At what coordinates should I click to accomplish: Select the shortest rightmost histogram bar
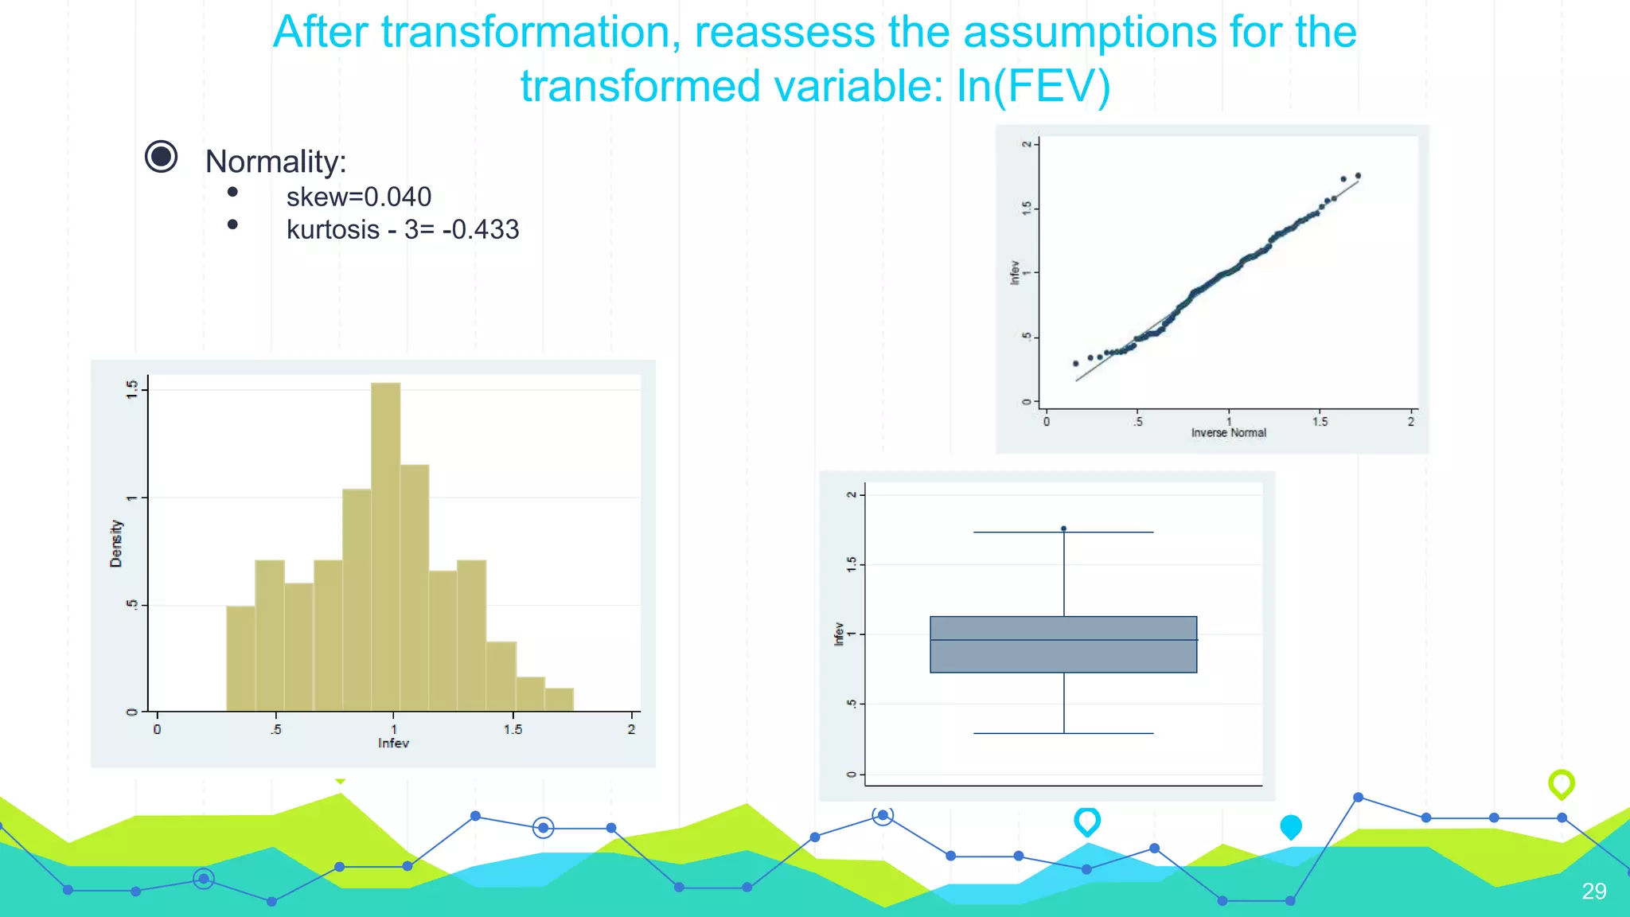(559, 700)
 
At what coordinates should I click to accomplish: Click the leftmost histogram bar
(240, 658)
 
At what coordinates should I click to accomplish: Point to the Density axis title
(116, 544)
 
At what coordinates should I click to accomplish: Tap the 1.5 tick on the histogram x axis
(513, 728)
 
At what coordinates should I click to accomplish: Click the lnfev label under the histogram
(393, 743)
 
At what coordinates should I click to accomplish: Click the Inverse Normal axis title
(1228, 433)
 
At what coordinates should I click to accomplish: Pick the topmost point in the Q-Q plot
(1358, 176)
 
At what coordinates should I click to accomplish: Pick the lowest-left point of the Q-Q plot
(1076, 363)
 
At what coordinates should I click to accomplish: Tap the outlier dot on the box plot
(1063, 529)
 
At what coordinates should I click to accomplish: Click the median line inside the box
(1063, 640)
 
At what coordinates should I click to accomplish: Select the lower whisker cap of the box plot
(1063, 733)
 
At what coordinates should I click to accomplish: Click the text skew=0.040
(358, 197)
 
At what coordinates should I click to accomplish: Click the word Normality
(275, 162)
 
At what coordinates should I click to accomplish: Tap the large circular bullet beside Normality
(161, 156)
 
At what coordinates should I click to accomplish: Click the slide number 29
(1593, 891)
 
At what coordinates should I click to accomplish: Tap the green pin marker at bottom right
(1561, 783)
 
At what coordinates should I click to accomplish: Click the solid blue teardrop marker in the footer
(1290, 826)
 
